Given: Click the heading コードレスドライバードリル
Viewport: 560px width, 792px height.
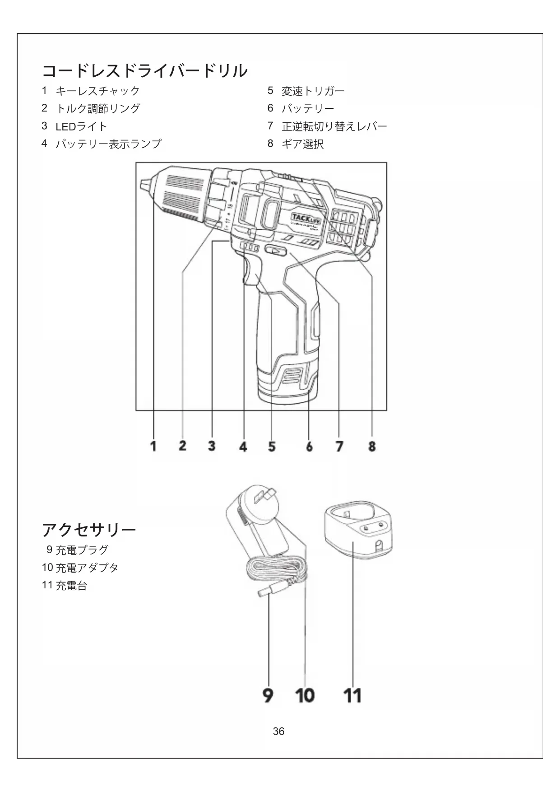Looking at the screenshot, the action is (x=145, y=71).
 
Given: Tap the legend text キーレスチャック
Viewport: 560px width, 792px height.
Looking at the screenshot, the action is (x=98, y=91).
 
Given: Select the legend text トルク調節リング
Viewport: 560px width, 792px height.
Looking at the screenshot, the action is (x=98, y=109).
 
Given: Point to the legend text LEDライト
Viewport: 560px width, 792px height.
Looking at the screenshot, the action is (x=81, y=126).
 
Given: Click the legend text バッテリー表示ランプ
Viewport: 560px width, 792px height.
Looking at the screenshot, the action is (x=108, y=144).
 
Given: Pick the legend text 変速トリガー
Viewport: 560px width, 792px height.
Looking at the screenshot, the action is (x=313, y=91).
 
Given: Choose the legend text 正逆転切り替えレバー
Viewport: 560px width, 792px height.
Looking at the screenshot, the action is (x=334, y=126).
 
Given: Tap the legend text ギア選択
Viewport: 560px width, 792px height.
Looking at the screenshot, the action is (x=303, y=144).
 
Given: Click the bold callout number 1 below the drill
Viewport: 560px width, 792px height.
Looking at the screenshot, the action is (x=153, y=446).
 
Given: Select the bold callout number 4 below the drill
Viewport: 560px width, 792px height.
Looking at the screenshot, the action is (x=243, y=447).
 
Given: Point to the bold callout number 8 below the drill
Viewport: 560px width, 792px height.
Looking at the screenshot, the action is (x=372, y=447).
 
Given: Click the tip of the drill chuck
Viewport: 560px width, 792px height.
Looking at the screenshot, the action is (x=144, y=185).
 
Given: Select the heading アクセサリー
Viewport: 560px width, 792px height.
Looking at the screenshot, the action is (x=89, y=530).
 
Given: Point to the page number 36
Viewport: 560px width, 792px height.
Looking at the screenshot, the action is (x=279, y=731).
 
